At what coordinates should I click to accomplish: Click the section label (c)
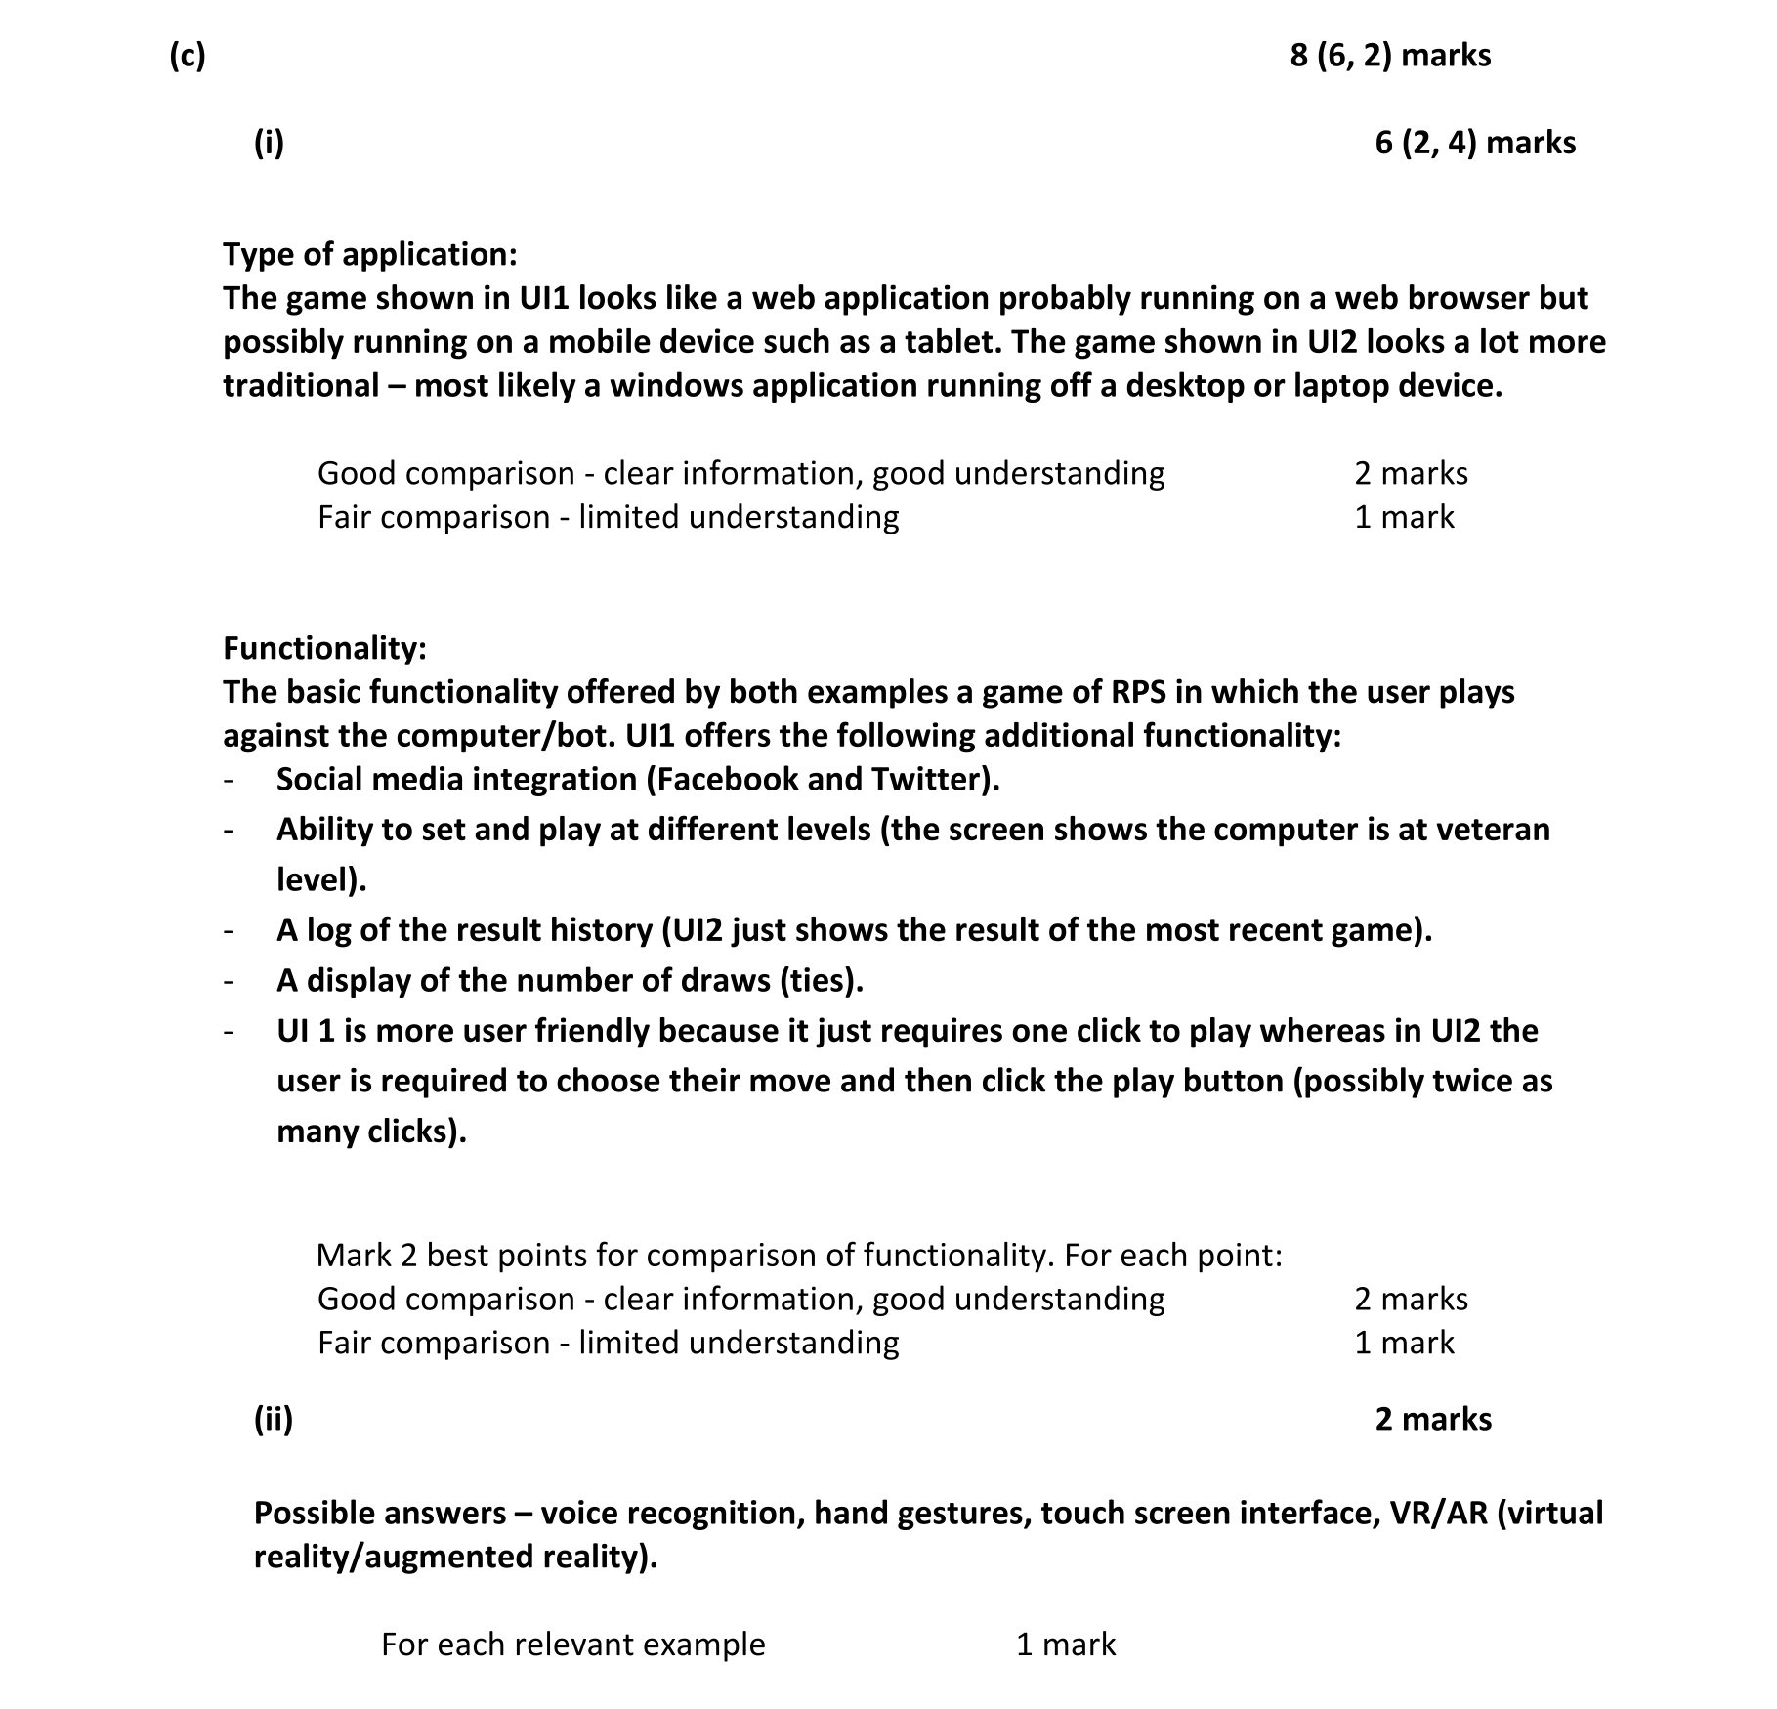(187, 56)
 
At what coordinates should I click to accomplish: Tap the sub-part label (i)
(269, 143)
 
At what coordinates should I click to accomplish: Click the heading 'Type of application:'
(370, 254)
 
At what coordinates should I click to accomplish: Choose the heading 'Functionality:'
(324, 648)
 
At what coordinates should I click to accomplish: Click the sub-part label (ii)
(274, 1419)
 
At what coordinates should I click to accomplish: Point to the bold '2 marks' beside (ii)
(1433, 1419)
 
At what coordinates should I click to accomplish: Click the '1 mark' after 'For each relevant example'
(1066, 1645)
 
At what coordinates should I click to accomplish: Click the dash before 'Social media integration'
(228, 780)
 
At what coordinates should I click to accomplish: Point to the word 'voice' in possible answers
(579, 1513)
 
